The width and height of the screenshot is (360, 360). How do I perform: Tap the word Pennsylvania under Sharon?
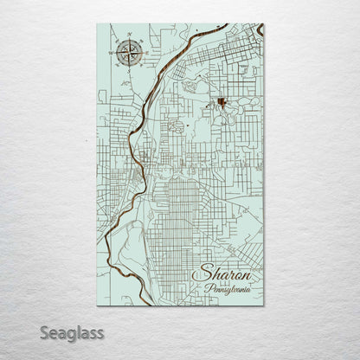[228, 288]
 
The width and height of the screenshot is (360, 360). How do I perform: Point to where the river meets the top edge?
[204, 25]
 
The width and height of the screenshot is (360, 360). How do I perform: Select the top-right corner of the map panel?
[263, 24]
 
